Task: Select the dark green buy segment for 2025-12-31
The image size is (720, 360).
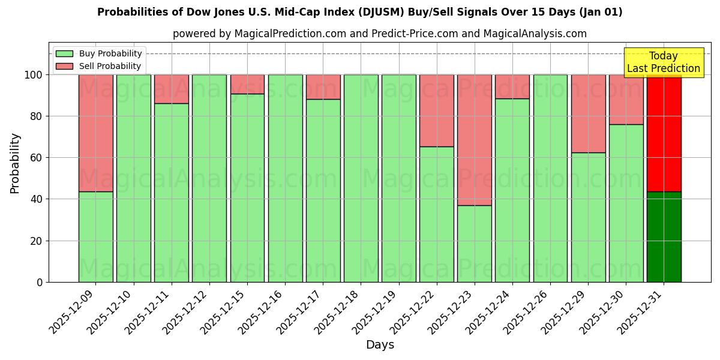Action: point(664,237)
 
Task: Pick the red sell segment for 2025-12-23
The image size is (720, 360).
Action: point(474,140)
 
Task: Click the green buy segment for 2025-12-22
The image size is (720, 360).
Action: point(436,214)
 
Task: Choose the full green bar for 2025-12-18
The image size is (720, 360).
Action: point(361,178)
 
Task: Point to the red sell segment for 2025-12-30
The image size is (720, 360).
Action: point(626,100)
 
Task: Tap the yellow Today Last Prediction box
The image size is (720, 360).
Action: point(663,62)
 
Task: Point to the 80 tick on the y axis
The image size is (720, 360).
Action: point(37,116)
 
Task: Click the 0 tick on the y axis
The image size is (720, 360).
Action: point(40,282)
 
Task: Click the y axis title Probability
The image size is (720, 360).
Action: point(15,163)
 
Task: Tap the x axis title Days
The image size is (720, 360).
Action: point(380,345)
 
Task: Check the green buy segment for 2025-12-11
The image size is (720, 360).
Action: point(171,193)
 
